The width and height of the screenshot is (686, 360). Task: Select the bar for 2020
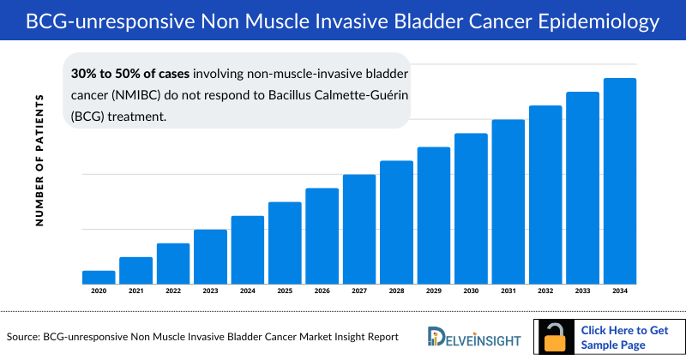pos(99,277)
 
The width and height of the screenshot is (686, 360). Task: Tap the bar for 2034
pos(620,181)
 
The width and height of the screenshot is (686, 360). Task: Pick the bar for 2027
pos(359,229)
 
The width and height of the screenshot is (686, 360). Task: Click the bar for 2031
pos(508,201)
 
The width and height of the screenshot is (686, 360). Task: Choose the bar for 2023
pos(210,256)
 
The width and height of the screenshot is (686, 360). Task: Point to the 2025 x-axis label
pos(285,291)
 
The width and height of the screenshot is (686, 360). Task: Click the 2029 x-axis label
pos(433,291)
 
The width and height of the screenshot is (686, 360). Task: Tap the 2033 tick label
pos(582,291)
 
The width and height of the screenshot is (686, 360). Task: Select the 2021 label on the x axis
pos(135,291)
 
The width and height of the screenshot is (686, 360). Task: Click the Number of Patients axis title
pos(39,161)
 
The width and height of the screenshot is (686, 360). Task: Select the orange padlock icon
pos(556,337)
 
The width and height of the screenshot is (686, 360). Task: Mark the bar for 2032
pos(545,195)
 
